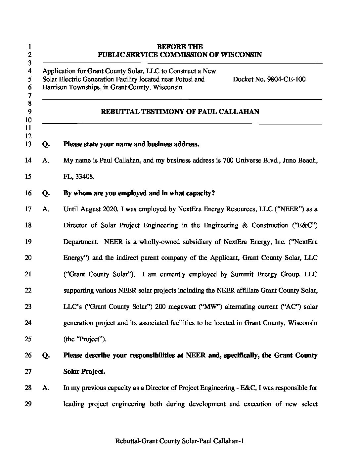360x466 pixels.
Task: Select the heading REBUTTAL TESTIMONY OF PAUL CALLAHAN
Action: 180,112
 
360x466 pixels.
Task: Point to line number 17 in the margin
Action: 28,209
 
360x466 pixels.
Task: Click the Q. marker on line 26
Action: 46,355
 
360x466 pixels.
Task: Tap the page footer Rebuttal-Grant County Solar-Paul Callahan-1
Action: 180,441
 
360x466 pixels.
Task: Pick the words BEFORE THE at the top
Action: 180,47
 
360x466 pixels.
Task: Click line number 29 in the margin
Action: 28,404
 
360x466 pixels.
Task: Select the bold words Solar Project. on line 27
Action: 84,372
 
